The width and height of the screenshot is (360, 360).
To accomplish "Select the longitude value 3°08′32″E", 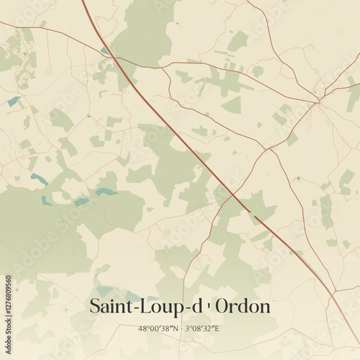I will (202, 328).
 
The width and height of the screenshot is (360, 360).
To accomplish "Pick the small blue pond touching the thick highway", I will (105, 50).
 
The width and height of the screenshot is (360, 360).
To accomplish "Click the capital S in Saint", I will (95, 307).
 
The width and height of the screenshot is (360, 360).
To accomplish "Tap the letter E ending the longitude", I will (217, 328).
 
